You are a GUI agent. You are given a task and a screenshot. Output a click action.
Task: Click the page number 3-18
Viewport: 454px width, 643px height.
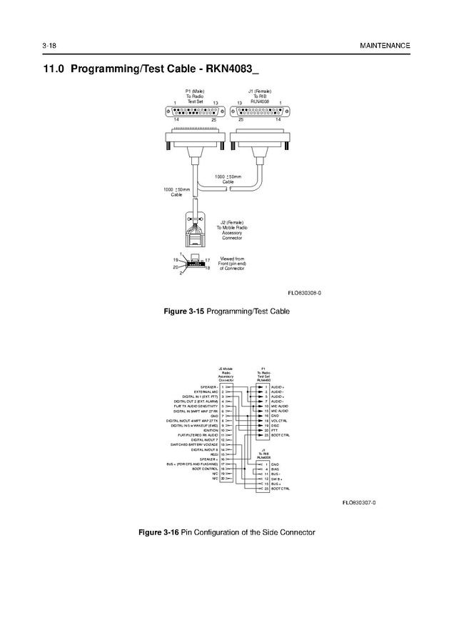point(49,46)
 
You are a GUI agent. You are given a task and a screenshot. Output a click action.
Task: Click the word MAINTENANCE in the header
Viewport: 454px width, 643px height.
point(385,46)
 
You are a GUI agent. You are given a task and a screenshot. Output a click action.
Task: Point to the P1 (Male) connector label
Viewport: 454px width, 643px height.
point(195,91)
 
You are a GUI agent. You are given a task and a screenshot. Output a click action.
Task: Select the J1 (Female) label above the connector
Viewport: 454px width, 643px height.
point(259,91)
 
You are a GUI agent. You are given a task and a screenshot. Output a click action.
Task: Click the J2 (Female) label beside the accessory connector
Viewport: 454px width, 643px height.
point(232,223)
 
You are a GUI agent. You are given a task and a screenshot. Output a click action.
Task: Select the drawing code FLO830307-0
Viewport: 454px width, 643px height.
point(359,502)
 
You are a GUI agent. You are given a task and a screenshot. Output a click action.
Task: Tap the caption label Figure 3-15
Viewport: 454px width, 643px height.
point(184,312)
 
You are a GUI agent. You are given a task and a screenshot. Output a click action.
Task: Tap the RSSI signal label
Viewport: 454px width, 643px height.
point(213,454)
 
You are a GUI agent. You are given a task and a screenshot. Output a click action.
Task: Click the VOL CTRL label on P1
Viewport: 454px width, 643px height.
point(279,421)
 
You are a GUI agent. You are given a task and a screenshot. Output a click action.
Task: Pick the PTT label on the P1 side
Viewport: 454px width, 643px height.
point(274,430)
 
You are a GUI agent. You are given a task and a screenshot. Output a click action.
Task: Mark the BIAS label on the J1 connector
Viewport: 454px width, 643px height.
point(275,469)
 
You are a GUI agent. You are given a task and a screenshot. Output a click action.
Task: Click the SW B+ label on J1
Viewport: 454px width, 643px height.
point(276,479)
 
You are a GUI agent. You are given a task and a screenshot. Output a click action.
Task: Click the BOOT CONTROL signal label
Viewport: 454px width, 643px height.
point(205,469)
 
